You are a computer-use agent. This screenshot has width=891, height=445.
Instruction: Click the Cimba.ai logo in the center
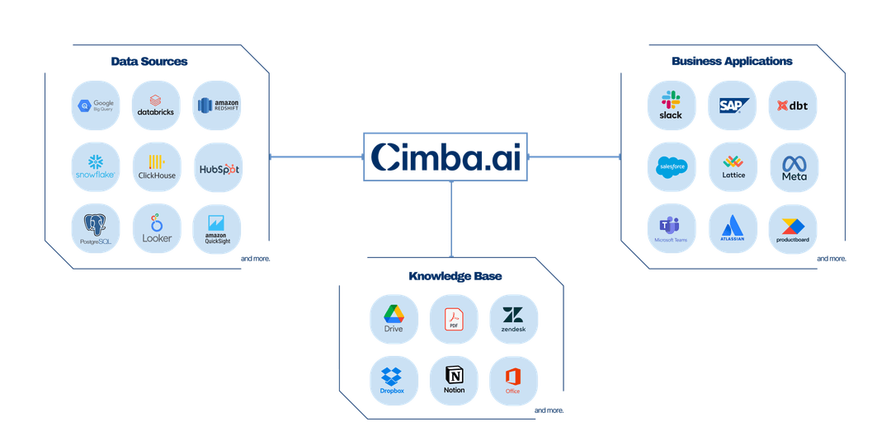446,157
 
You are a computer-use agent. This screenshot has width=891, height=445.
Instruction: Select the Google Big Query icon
97,105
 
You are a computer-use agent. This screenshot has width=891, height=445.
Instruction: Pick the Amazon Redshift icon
217,105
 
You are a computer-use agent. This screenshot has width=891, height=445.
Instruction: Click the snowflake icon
97,166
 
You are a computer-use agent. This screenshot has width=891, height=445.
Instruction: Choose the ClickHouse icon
157,166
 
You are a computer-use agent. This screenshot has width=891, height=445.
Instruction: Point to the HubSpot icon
217,167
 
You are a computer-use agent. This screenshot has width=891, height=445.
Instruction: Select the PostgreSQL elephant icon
97,228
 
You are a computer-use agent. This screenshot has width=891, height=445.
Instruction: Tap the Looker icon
157,228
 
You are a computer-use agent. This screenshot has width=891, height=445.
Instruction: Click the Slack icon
672,105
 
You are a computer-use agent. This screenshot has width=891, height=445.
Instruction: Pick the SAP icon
733,105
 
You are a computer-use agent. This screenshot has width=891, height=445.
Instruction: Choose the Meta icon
794,167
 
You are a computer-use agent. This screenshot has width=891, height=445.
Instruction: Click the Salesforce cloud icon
672,167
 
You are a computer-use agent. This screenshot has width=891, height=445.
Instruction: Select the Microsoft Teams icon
672,228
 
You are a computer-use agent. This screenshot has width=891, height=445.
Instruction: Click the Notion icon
454,380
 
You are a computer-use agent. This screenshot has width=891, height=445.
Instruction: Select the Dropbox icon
394,380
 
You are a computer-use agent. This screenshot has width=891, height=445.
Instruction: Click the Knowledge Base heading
455,275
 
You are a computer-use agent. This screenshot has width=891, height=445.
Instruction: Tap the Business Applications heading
732,61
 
